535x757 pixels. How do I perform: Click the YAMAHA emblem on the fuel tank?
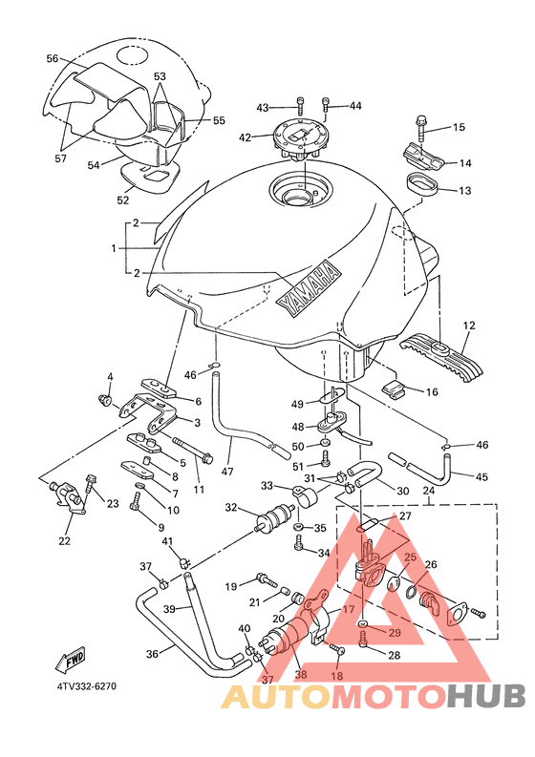point(309,288)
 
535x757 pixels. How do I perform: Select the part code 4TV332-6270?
point(87,686)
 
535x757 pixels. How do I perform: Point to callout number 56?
point(53,58)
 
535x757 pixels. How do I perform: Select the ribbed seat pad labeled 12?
point(441,357)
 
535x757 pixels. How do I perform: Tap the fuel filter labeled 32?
point(274,518)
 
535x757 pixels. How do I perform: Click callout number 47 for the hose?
point(227,472)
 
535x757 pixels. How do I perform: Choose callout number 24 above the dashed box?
point(428,491)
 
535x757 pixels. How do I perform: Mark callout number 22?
point(64,541)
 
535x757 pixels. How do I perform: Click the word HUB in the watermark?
point(486,697)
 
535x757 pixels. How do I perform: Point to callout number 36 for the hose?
point(152,654)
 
